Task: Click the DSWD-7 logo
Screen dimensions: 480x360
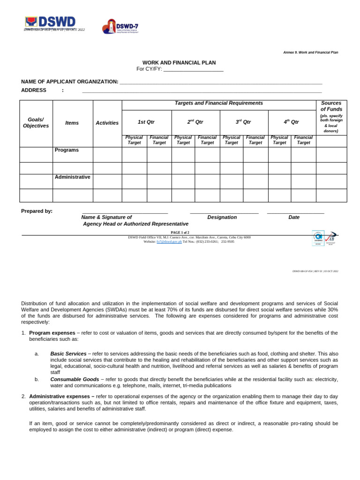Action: [120, 27]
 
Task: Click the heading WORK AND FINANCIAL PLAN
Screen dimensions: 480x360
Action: [179, 62]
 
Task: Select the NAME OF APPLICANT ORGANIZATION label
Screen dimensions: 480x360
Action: [69, 82]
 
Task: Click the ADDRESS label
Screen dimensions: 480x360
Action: [34, 90]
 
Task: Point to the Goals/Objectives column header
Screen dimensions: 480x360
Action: [36, 123]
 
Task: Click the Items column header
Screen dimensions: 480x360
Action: [72, 123]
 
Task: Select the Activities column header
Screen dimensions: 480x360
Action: [107, 123]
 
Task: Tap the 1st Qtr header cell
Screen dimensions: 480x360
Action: [146, 122]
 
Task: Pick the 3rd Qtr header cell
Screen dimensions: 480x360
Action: [243, 122]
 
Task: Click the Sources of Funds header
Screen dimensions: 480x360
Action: [331, 106]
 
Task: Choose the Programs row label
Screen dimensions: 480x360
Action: [67, 150]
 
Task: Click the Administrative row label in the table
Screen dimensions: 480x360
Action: [72, 177]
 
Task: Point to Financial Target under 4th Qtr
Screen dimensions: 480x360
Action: [303, 140]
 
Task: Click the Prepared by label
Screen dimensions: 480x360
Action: [37, 211]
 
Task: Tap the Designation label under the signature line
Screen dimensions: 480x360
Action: [222, 217]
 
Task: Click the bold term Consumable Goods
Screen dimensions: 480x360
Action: [75, 379]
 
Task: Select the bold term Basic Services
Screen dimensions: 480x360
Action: [68, 353]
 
